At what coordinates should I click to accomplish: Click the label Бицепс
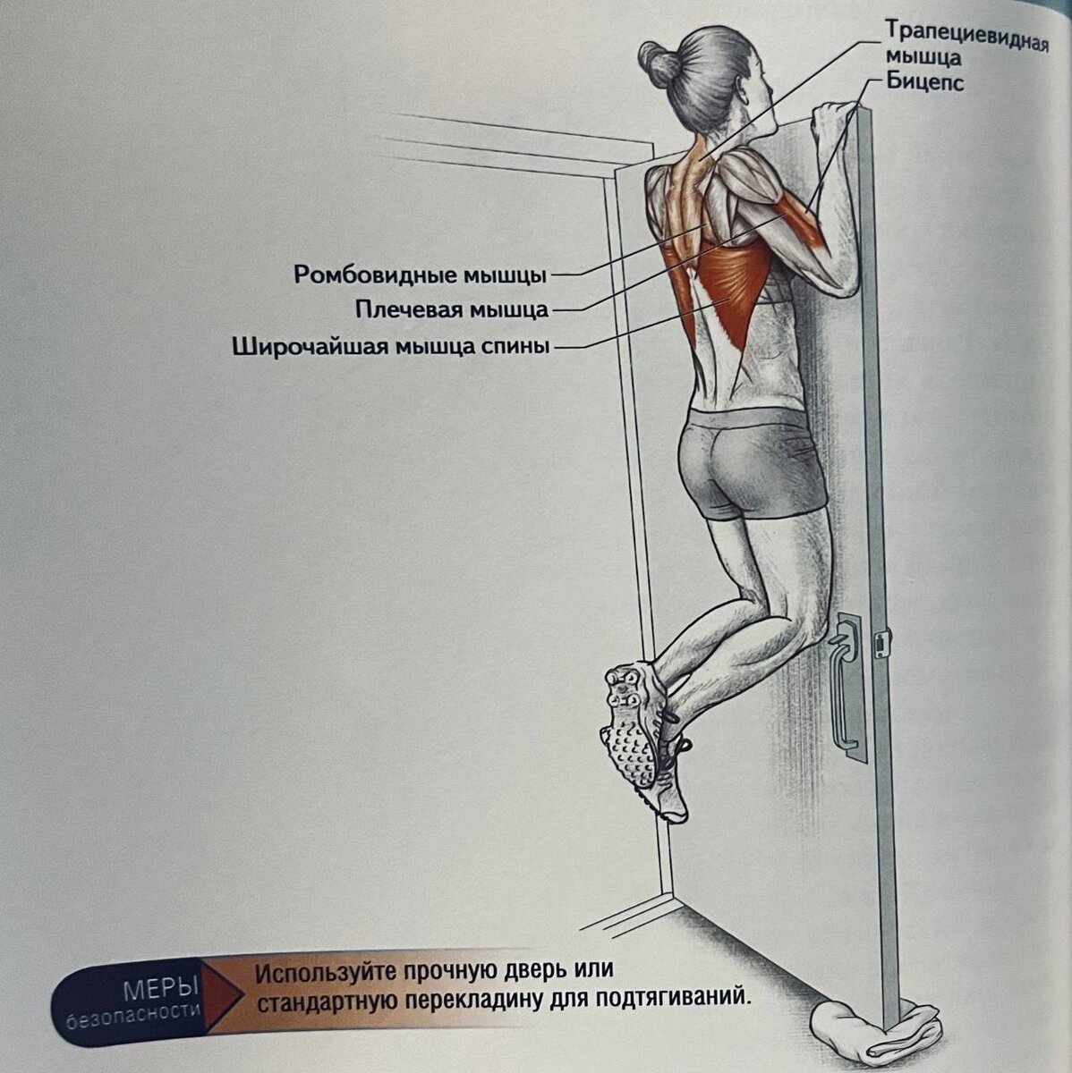tap(924, 83)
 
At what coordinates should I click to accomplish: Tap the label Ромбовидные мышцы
tap(420, 274)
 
